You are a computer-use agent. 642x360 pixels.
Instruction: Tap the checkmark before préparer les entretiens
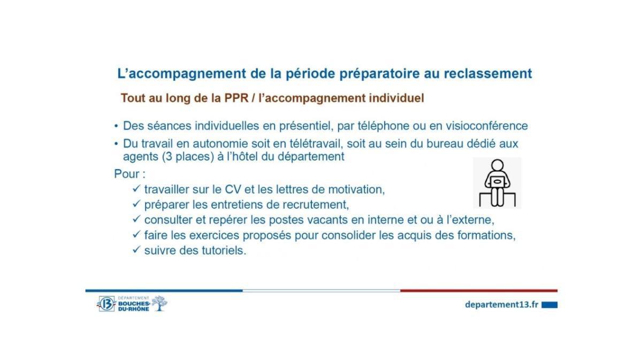(136, 204)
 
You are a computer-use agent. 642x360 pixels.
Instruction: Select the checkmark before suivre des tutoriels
(136, 250)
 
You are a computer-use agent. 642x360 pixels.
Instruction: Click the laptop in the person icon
(497, 182)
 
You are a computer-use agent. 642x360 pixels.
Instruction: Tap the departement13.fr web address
(501, 304)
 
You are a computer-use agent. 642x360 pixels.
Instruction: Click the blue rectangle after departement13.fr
(549, 304)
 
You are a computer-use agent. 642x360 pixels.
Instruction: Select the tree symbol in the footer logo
(159, 303)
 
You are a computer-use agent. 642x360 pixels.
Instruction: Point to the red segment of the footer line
(479, 290)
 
